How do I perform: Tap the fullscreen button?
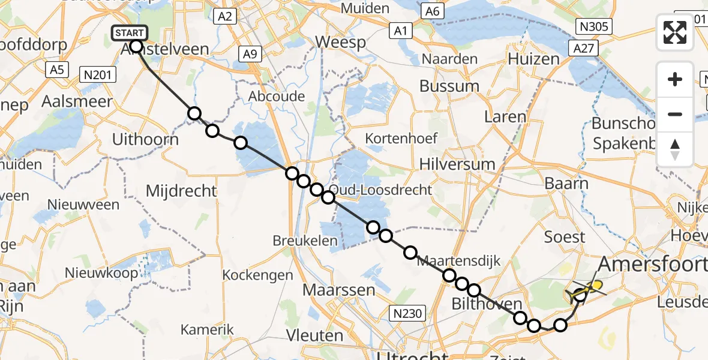click(x=675, y=32)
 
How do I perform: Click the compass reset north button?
click(x=675, y=149)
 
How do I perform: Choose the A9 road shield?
click(x=250, y=54)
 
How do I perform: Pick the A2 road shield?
click(x=225, y=16)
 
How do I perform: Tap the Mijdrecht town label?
click(x=181, y=191)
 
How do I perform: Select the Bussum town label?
click(x=449, y=86)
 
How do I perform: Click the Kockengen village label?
click(x=257, y=275)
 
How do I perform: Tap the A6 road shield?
click(x=432, y=10)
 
